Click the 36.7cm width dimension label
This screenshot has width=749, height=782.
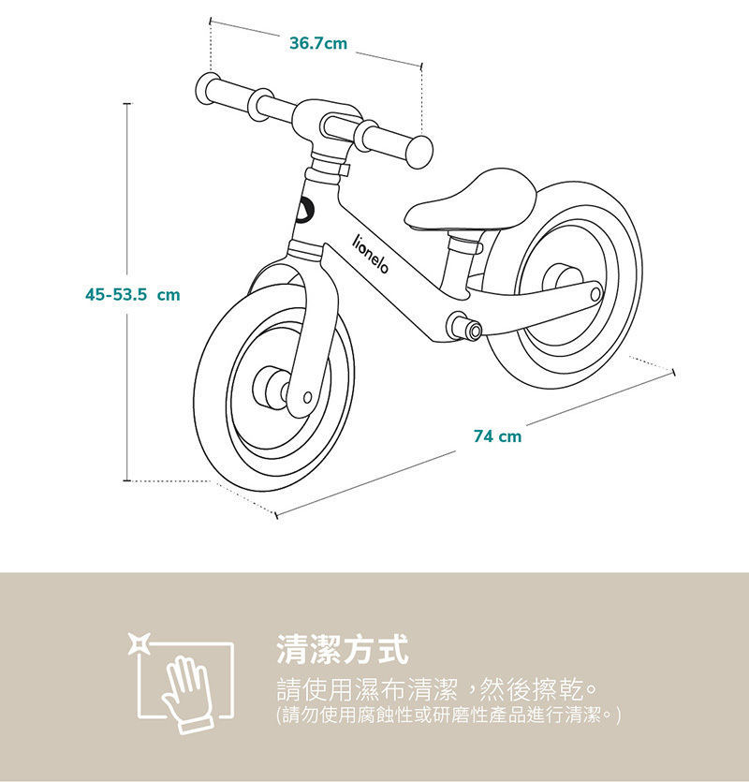[x=318, y=43]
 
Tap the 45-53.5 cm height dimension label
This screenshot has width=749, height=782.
[x=132, y=294]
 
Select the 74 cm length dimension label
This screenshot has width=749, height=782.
[x=497, y=436]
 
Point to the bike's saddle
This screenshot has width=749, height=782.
[x=474, y=199]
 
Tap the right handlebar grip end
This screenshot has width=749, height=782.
[x=420, y=151]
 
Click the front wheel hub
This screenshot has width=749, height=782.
[x=270, y=385]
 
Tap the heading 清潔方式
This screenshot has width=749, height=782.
[x=343, y=647]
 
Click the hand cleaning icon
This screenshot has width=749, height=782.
[x=188, y=687]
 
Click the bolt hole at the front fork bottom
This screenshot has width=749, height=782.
[x=306, y=398]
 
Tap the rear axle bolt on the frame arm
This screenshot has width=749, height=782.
[x=595, y=294]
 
